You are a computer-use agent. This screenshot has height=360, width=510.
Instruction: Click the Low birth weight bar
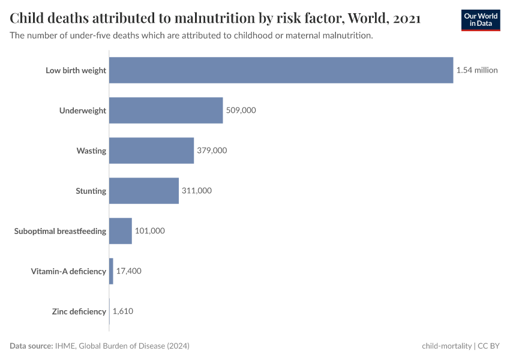tap(281, 70)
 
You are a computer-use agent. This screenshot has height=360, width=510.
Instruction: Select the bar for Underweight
tap(166, 110)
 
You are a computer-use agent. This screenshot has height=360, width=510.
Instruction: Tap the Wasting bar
tap(151, 151)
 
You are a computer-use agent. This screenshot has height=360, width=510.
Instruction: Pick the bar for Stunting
tap(144, 191)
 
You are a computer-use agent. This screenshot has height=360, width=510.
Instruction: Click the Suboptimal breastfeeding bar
tap(120, 231)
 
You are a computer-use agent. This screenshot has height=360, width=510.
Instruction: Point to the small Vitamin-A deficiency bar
tap(111, 271)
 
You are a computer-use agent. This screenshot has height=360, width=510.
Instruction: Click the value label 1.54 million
tap(477, 70)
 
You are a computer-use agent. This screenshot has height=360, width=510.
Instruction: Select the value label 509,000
tap(241, 110)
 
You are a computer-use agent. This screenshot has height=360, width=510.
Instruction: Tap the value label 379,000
tap(212, 151)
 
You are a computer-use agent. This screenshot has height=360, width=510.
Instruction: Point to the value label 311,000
tap(197, 191)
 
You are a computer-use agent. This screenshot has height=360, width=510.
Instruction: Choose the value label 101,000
tap(149, 231)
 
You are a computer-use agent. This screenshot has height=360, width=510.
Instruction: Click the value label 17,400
tap(128, 271)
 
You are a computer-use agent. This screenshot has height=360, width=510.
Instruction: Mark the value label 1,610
tap(123, 311)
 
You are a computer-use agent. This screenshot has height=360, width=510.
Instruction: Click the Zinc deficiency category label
tap(79, 311)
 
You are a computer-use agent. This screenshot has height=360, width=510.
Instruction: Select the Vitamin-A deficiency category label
tap(68, 271)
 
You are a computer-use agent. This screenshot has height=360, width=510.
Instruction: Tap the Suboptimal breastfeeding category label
tap(60, 231)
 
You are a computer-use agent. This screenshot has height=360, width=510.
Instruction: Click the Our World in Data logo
tap(481, 20)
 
